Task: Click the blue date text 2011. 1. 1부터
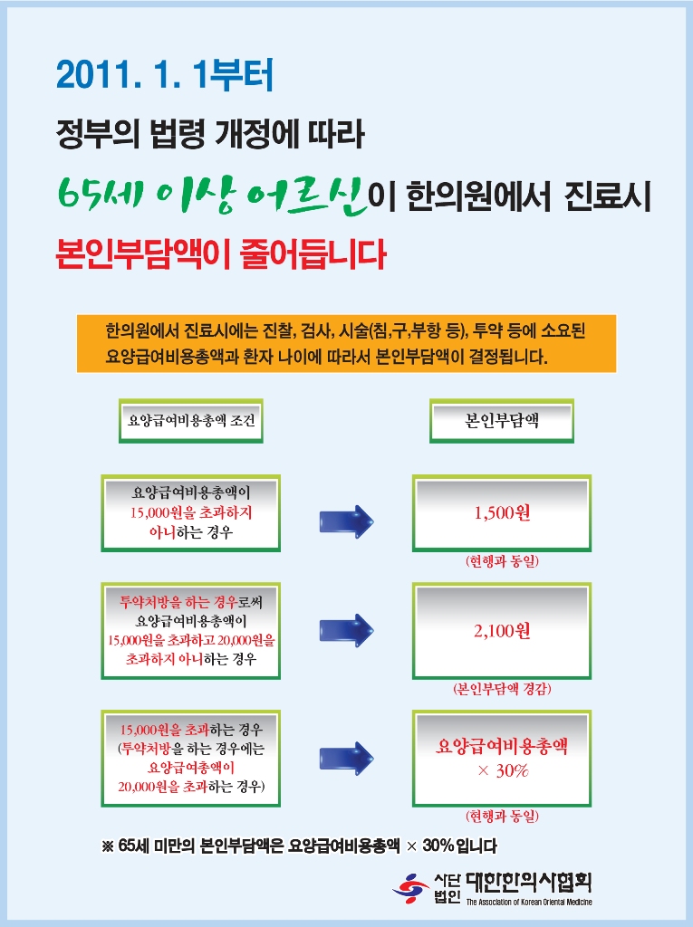[164, 75]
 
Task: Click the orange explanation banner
[346, 343]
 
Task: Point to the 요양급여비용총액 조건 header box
[190, 421]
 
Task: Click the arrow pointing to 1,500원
[346, 522]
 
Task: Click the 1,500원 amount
[502, 513]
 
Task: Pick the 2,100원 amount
[502, 631]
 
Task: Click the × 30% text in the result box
[502, 771]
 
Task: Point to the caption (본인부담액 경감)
[502, 689]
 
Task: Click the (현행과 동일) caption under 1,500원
[502, 562]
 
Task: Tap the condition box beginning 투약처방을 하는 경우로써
[190, 630]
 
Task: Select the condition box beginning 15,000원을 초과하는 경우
[190, 759]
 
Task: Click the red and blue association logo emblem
[410, 887]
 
